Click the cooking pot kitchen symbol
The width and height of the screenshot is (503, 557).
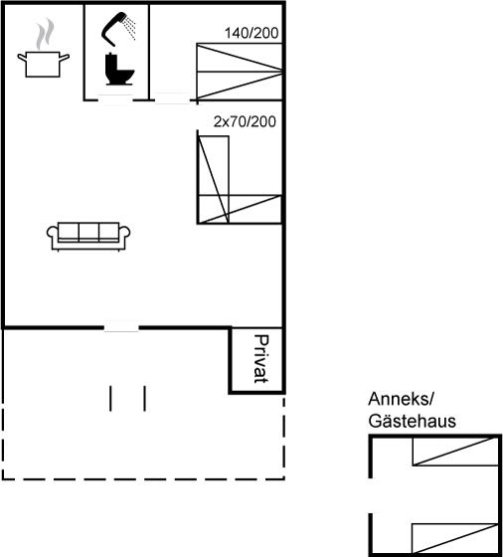click(43, 64)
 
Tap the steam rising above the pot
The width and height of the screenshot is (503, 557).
click(45, 34)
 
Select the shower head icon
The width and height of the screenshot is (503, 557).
click(118, 29)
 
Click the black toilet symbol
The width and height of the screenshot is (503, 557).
click(119, 69)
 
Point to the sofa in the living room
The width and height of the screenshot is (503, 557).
click(88, 236)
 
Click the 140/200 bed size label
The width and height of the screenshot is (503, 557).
click(251, 33)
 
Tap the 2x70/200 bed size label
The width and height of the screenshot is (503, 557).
click(245, 121)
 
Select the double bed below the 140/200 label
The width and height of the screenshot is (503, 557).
click(240, 71)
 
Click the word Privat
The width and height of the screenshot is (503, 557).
click(261, 359)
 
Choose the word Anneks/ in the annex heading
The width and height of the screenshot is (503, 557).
click(401, 399)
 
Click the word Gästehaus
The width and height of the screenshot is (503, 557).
click(413, 422)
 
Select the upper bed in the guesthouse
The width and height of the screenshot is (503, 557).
click(455, 452)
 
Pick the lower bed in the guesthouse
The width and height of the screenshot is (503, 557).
click(455, 538)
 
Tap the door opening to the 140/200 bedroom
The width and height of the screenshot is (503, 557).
click(173, 98)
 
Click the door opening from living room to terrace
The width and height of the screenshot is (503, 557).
click(121, 327)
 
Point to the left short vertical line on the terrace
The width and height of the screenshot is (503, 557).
click(110, 399)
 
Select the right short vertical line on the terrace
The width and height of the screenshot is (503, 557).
click(144, 399)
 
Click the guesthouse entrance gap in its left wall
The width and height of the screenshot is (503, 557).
click(371, 495)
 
